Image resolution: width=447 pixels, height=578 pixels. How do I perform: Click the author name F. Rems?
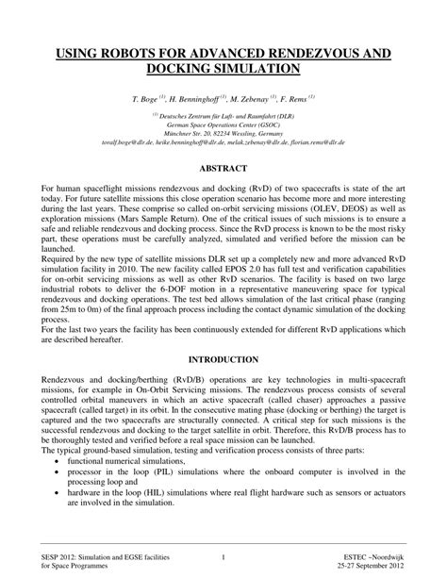point(294,98)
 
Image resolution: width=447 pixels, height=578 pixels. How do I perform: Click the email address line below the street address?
point(223,142)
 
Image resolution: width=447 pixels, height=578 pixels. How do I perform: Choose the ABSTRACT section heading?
point(223,168)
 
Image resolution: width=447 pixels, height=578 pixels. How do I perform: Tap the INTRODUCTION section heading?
point(223,359)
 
